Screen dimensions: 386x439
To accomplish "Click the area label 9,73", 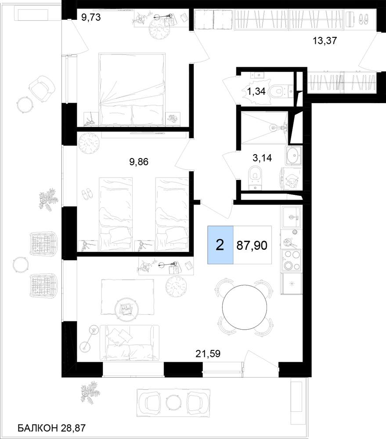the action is coord(90,18).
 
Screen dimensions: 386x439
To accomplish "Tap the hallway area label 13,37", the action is coord(325,40).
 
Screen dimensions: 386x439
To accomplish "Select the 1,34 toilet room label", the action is coord(256,91).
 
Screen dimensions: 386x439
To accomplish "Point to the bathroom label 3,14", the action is coord(262,158).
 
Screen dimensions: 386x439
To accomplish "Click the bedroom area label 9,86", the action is coord(139,162).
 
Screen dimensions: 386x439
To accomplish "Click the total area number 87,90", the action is coord(252,245).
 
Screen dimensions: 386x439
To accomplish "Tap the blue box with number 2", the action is coord(220,245).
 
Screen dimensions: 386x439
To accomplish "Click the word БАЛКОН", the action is coord(37,428).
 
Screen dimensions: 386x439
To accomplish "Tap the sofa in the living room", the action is coord(130,342).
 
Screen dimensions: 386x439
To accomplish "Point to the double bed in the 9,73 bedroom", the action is coord(132,89).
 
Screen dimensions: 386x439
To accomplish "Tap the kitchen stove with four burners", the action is coord(291,260).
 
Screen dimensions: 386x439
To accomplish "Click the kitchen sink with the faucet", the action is coord(291,217).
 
